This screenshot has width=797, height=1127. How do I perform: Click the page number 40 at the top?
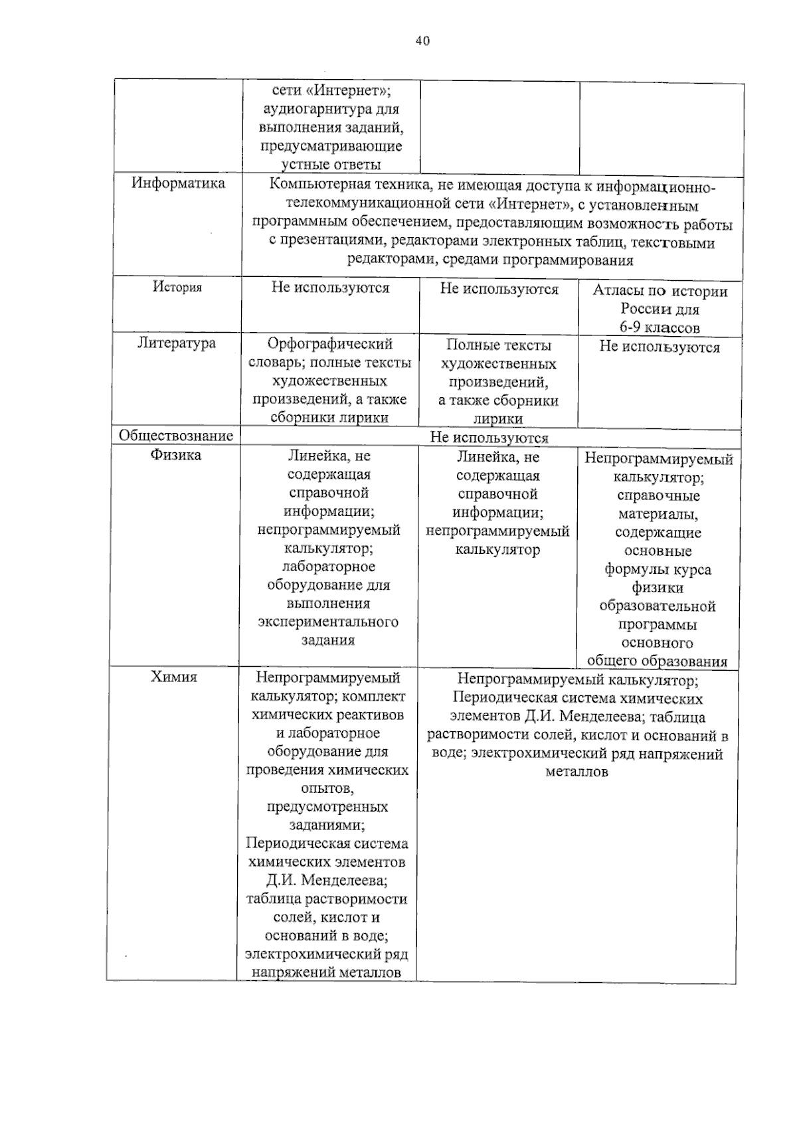point(422,41)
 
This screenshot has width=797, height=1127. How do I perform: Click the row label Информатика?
point(178,183)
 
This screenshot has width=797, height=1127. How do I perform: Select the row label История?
point(177,287)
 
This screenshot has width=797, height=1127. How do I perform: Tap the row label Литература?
point(177,343)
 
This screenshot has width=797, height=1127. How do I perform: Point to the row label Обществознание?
point(176,436)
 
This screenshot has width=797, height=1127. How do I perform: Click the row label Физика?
point(175,455)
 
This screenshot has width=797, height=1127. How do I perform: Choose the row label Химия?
point(174,677)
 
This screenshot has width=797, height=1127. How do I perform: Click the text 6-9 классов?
point(660,327)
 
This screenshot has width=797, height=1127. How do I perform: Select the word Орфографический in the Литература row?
point(330,344)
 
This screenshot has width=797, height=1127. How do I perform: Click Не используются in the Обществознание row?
point(489,438)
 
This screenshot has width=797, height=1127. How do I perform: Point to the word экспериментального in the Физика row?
point(328,622)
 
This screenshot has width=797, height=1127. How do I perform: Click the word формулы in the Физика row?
point(630,570)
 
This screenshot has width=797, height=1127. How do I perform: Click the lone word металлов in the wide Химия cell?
point(576,772)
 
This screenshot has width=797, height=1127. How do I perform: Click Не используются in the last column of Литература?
point(660,347)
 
